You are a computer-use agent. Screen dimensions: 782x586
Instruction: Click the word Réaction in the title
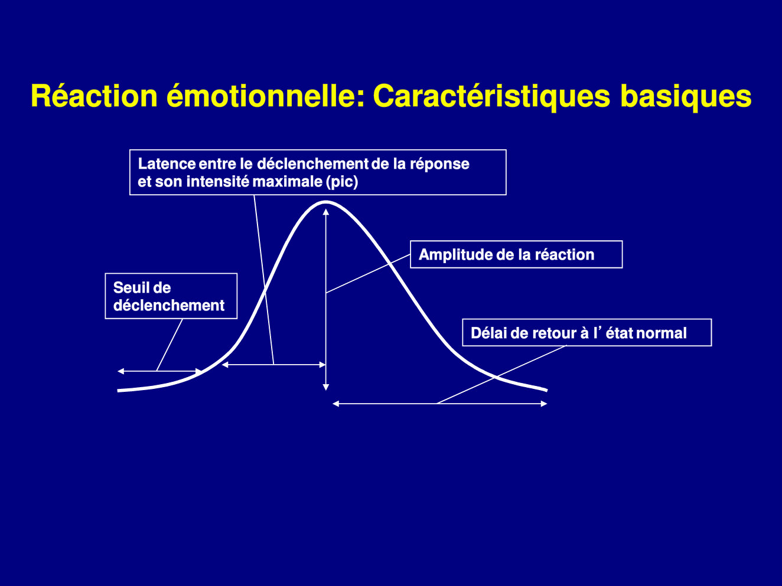click(x=94, y=96)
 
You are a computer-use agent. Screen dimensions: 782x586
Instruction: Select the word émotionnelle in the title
click(x=266, y=96)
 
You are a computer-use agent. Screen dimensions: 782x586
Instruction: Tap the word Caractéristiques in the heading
click(x=491, y=96)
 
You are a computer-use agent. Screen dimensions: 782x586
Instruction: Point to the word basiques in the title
click(x=686, y=96)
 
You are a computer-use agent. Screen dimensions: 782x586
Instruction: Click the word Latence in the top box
click(x=167, y=163)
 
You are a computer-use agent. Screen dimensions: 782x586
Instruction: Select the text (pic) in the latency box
click(x=341, y=182)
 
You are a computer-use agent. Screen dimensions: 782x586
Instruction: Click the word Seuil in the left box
click(x=130, y=287)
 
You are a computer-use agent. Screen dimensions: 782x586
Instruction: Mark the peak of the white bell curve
click(x=325, y=202)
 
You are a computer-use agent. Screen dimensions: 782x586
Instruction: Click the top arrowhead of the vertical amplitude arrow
click(x=325, y=212)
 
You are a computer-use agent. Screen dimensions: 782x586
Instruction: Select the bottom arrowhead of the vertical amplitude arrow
click(x=325, y=388)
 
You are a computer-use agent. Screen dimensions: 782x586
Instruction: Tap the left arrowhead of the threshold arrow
click(x=120, y=371)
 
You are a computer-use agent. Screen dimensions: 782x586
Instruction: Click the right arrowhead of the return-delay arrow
click(x=544, y=404)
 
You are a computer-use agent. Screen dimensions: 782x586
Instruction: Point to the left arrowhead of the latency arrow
click(x=225, y=364)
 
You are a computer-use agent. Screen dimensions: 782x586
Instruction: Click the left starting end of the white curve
click(x=118, y=391)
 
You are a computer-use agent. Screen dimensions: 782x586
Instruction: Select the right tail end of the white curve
click(x=546, y=390)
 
